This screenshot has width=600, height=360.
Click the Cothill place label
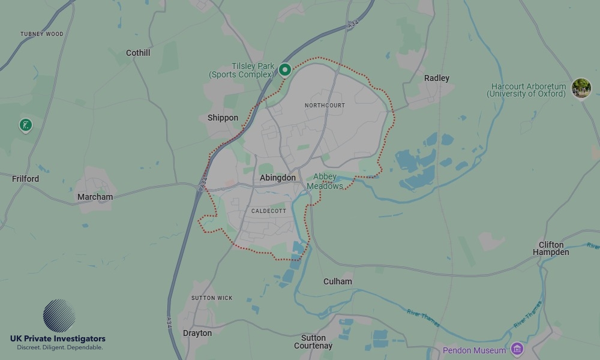(x=138, y=53)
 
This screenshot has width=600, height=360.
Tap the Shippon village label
(x=223, y=118)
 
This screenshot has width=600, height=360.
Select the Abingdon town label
(x=278, y=178)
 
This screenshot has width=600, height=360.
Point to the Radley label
(x=436, y=78)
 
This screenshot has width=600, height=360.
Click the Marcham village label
(x=95, y=197)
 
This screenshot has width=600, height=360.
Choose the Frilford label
(x=25, y=179)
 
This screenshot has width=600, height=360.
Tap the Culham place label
(x=337, y=281)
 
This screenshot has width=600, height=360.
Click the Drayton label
(x=197, y=333)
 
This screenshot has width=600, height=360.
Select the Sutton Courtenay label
(x=313, y=341)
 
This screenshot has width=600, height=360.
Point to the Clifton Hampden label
(x=551, y=248)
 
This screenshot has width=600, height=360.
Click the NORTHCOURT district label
(x=325, y=106)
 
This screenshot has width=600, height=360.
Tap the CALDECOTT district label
(x=269, y=211)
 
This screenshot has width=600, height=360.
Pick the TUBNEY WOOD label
(x=41, y=34)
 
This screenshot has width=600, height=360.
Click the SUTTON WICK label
(x=212, y=298)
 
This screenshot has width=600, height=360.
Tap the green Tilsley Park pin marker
(x=285, y=70)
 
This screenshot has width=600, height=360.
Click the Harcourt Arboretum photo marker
(x=581, y=88)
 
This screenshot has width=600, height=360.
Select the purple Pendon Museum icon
(x=517, y=349)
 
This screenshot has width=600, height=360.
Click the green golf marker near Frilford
(x=25, y=125)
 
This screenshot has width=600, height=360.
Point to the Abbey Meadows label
(x=325, y=181)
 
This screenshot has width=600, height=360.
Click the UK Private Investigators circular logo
(x=59, y=316)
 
